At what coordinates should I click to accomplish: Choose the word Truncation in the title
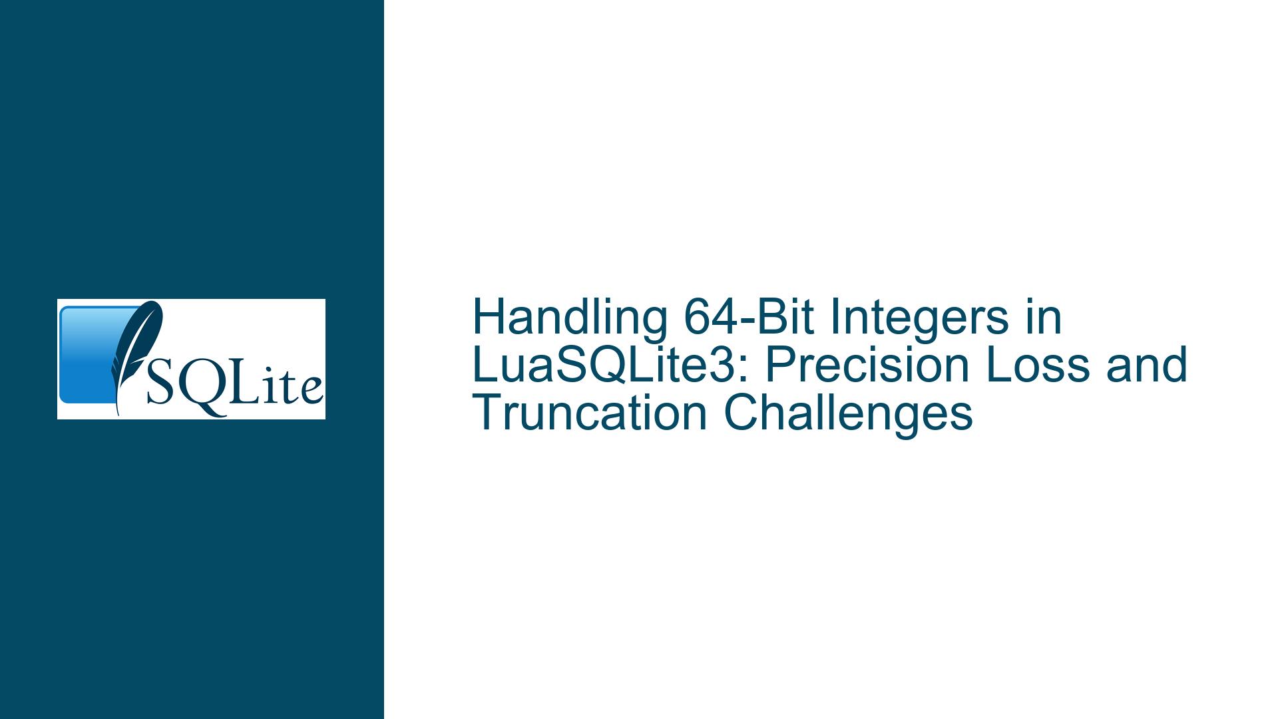(x=590, y=413)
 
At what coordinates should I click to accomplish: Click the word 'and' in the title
(x=1146, y=365)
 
